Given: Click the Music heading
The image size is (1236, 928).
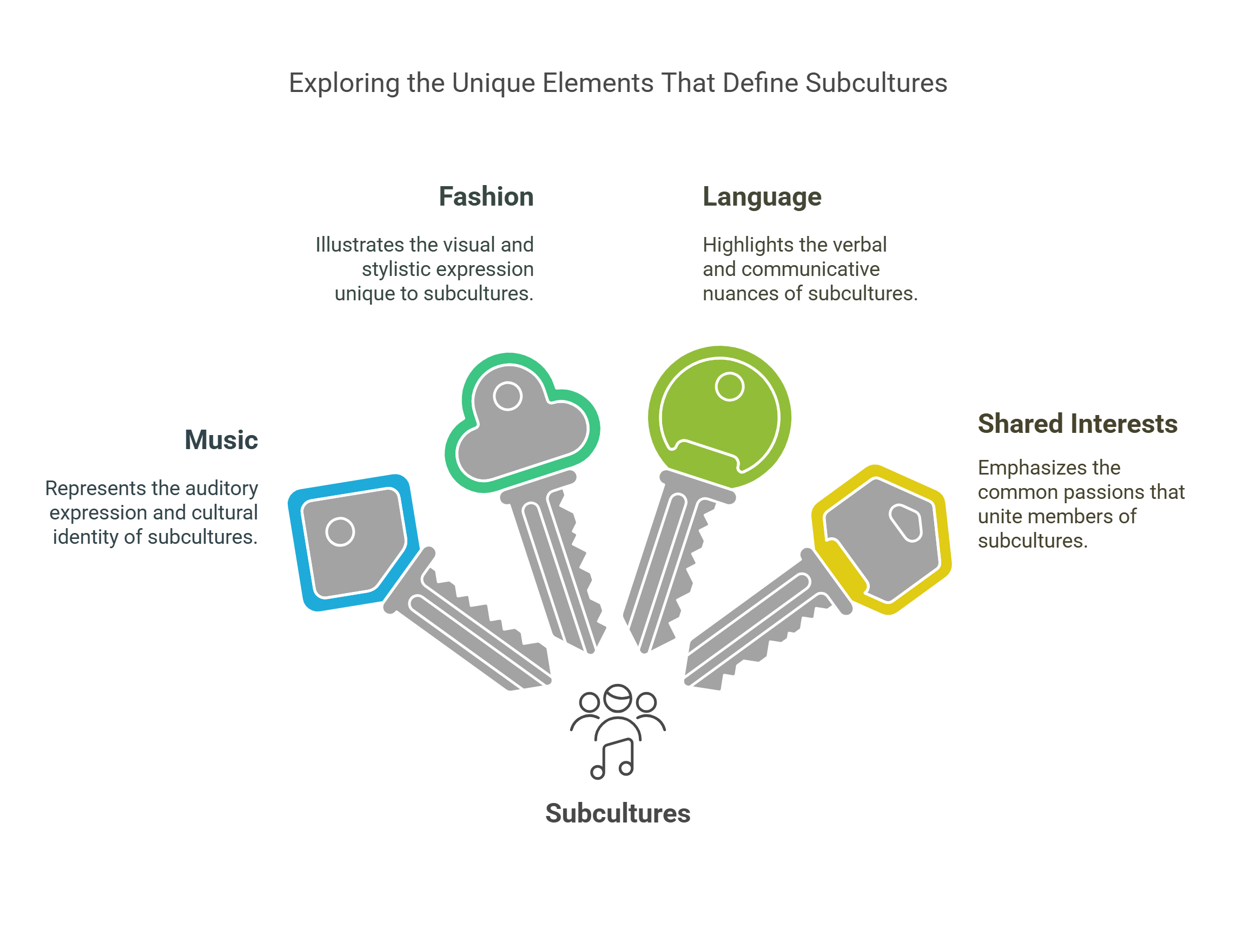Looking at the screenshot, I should point(221,440).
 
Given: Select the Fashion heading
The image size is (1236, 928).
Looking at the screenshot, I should point(486,197).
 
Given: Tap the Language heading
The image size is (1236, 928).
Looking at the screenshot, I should point(762,197).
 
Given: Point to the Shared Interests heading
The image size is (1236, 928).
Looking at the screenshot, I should point(1078,424).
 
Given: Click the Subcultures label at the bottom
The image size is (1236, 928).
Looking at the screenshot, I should point(617,813).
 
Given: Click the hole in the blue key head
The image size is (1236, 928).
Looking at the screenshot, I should point(340,532).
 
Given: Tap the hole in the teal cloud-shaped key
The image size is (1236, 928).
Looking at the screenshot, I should point(507,396).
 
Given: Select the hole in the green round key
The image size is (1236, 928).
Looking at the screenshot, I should point(729,387).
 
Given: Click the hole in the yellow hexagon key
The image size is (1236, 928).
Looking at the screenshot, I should point(905,522).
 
